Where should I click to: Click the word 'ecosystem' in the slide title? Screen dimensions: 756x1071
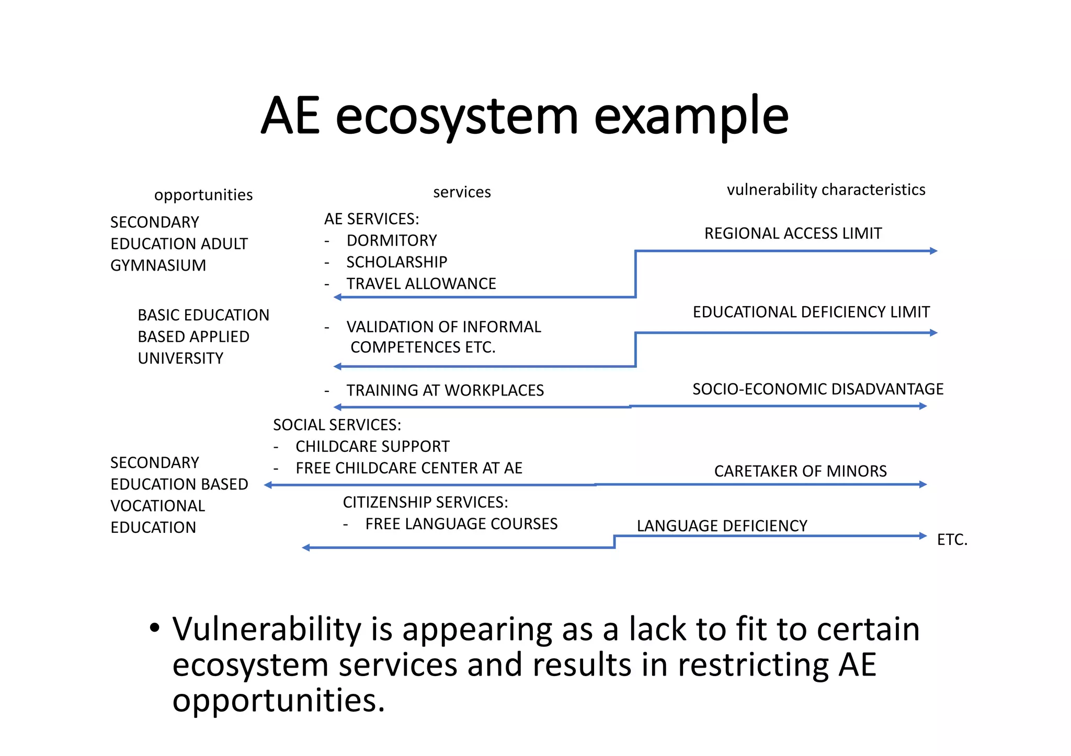coord(457,117)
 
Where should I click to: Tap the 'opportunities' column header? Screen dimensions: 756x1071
coord(203,195)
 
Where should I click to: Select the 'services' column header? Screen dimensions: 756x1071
coord(462,192)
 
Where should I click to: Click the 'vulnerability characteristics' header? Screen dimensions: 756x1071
coord(826,190)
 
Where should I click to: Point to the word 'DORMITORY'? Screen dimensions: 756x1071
coord(392,240)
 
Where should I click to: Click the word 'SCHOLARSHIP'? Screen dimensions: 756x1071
coord(397,262)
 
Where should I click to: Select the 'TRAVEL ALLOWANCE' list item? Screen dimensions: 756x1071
coord(421,284)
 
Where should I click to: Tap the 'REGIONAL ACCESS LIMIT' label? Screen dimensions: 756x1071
coord(793,233)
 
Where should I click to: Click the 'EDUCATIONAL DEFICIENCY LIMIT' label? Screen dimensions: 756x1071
coord(811,312)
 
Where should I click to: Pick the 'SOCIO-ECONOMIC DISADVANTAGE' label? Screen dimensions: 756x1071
coord(818,389)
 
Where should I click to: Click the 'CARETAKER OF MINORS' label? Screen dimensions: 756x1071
coord(800,471)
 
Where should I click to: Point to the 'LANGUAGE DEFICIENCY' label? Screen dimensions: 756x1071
coord(722,526)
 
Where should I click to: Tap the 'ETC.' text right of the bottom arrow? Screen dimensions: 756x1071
coord(952,540)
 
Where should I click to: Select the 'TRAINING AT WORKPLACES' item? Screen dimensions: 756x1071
coord(445,390)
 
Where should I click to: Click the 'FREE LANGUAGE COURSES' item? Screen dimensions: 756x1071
coord(461,524)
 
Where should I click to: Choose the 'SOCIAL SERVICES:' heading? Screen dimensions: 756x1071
coord(337,425)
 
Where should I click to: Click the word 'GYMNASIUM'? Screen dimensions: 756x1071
coord(158,265)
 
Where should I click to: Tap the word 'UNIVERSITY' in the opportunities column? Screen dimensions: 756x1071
coord(180,358)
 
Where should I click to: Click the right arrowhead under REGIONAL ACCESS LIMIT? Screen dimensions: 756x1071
coord(933,251)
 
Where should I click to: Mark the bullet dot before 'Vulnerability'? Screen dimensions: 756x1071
coord(154,628)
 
